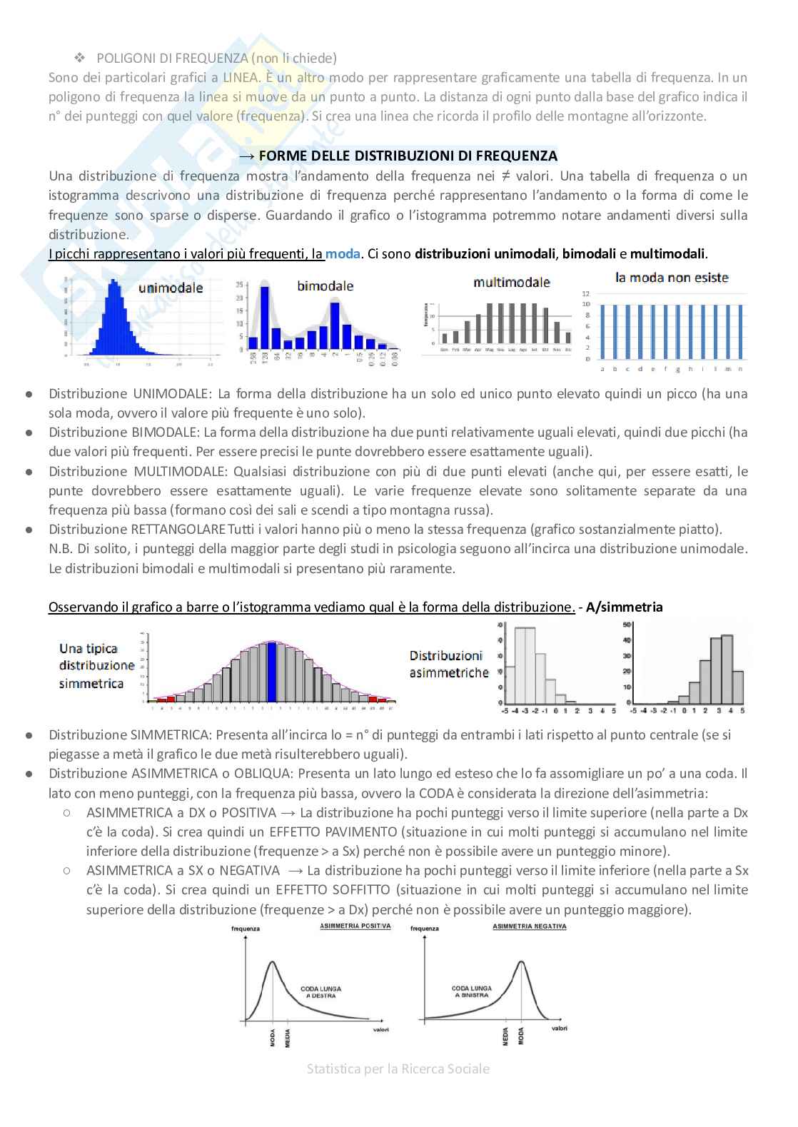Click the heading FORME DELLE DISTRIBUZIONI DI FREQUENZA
pyautogui.click(x=408, y=156)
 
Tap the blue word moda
pyautogui.click(x=343, y=253)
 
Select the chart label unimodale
pyautogui.click(x=171, y=288)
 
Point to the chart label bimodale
pyautogui.click(x=325, y=285)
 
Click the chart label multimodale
pyautogui.click(x=511, y=282)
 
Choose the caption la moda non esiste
pyautogui.click(x=672, y=277)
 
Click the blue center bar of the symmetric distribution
pyautogui.click(x=271, y=672)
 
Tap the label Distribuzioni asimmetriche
pyautogui.click(x=448, y=664)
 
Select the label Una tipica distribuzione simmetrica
pyautogui.click(x=96, y=665)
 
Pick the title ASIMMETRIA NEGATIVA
pyautogui.click(x=530, y=926)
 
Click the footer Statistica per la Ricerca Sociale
pyautogui.click(x=398, y=1068)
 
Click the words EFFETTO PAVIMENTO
pyautogui.click(x=325, y=832)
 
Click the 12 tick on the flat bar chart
pyautogui.click(x=586, y=293)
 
